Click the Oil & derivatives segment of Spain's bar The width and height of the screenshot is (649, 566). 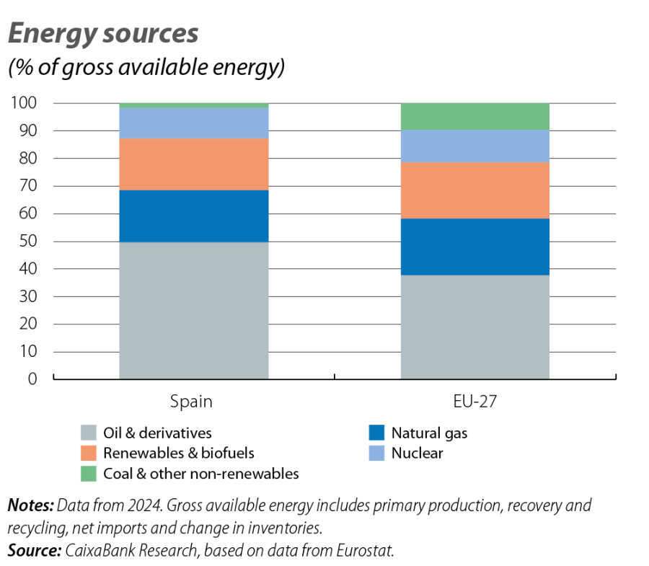pos(193,310)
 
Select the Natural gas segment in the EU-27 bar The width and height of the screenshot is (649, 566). pos(474,247)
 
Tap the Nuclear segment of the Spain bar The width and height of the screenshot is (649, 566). pos(193,123)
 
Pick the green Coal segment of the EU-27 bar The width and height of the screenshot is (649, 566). pos(474,116)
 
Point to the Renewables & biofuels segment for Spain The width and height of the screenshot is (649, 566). pos(193,164)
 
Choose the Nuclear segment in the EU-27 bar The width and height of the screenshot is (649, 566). pos(474,146)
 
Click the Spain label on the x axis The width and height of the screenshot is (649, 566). pos(191,401)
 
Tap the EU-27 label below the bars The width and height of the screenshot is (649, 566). pos(474,401)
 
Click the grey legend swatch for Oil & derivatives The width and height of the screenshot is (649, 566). pos(89,433)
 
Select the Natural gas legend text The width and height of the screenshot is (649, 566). pos(430,433)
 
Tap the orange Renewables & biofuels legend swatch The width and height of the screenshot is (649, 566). pos(89,454)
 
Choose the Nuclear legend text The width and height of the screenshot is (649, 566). pos(418,454)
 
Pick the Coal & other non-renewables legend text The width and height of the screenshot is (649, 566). pos(200,474)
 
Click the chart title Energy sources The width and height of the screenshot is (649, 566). pos(102,34)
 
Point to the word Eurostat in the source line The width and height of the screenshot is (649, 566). pos(368,552)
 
